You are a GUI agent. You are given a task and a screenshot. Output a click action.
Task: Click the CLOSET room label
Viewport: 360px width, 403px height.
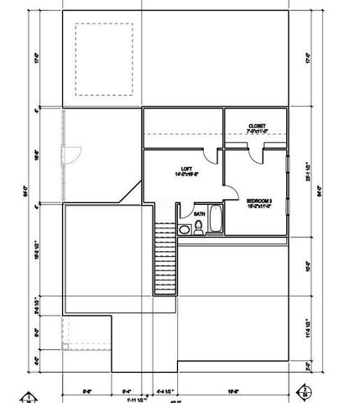click(x=257, y=126)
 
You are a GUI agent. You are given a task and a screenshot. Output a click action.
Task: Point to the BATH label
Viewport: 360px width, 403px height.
click(x=199, y=214)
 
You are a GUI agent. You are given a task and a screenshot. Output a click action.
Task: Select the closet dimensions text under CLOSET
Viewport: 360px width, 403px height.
click(x=257, y=132)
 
